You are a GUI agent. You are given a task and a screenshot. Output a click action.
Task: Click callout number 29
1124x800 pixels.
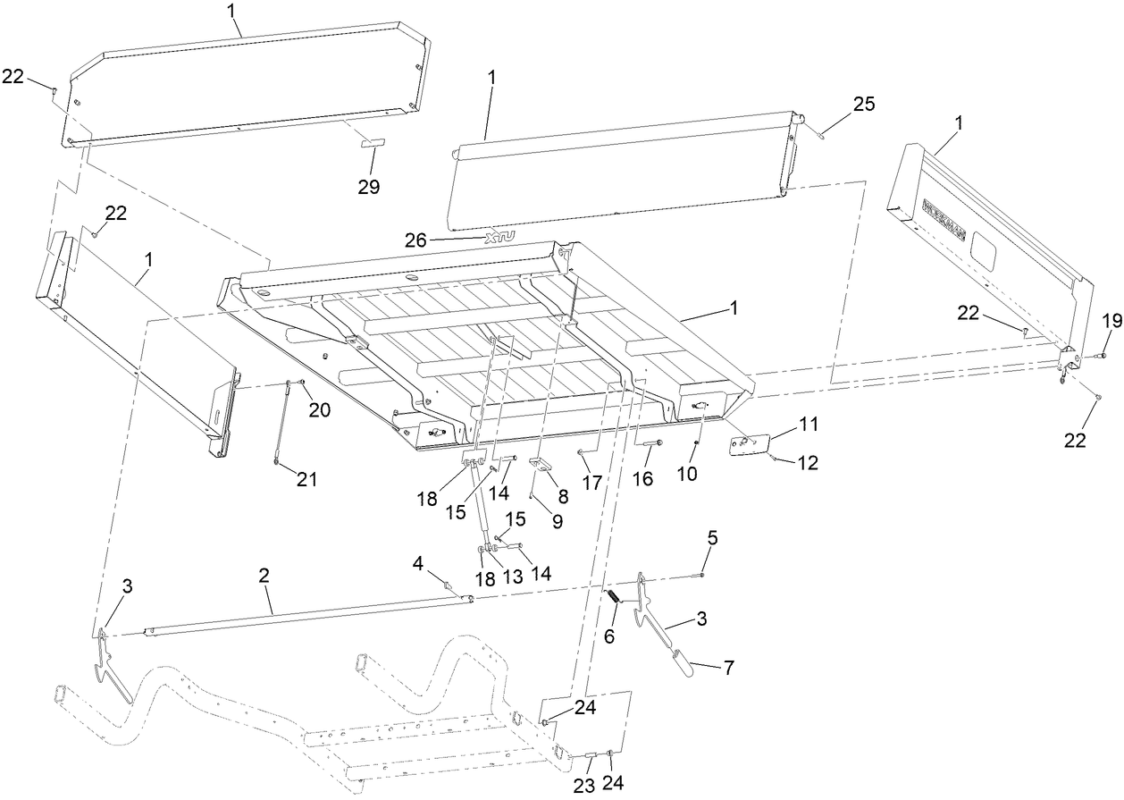point(368,187)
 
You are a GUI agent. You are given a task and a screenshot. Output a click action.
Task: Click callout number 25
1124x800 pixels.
point(863,105)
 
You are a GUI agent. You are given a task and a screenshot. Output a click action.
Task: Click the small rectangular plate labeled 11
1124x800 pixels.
point(748,444)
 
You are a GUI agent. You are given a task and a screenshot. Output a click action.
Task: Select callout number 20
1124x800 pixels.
point(321,409)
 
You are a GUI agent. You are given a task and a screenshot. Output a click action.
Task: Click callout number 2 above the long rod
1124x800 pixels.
point(264,577)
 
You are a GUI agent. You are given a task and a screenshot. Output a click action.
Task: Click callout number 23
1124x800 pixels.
point(590,784)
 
